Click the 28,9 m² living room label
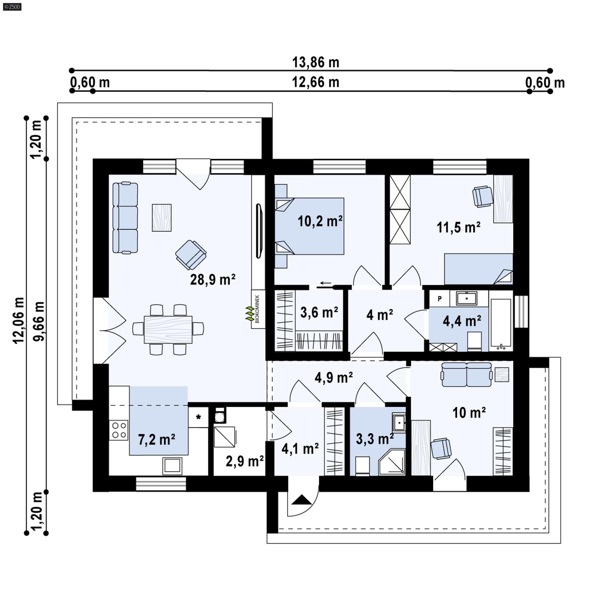point(213,280)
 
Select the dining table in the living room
point(168,329)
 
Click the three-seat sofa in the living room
point(125,218)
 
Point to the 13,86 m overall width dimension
point(315,63)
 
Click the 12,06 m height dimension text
point(18,320)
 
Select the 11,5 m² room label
point(458,228)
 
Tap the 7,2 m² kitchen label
point(156,439)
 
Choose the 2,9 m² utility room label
point(244,461)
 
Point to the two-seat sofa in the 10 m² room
point(466,375)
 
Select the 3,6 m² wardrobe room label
point(319,313)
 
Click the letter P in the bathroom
point(440,299)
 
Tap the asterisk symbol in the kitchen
point(198,417)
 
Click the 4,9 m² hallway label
point(334,377)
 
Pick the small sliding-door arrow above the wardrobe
point(325,283)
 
